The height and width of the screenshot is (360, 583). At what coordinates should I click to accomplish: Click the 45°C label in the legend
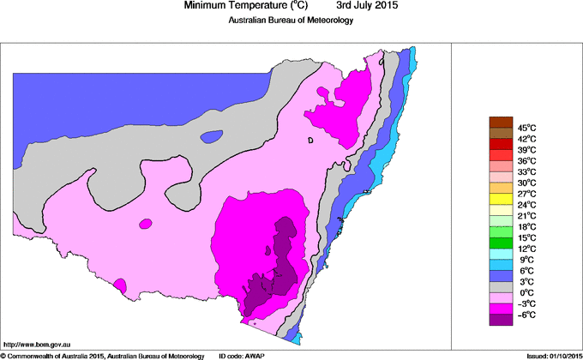point(526,128)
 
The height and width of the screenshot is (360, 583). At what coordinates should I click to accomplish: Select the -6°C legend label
point(526,314)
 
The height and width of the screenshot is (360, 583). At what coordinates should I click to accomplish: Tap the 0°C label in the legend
point(526,292)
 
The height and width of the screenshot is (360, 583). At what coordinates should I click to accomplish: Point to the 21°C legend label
point(526,215)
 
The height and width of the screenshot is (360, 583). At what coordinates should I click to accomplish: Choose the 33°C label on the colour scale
point(526,171)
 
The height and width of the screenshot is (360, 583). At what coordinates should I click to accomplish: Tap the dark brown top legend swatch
point(500,123)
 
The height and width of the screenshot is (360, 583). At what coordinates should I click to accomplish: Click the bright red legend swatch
point(500,144)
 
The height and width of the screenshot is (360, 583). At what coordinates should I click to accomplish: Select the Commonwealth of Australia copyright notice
point(103,355)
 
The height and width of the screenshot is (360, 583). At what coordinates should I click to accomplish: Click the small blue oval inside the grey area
point(211,135)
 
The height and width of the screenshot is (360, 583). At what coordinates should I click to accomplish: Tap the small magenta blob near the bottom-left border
point(120,284)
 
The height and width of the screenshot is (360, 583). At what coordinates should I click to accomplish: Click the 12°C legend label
point(526,249)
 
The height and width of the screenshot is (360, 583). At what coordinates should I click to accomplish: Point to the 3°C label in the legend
point(526,281)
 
